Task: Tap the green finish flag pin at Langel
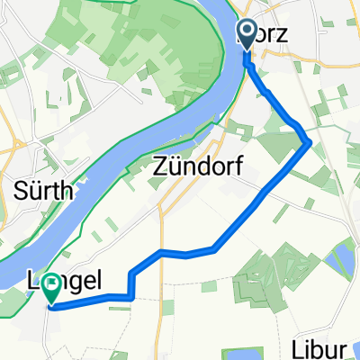click(x=52, y=286)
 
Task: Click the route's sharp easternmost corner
click(x=310, y=141)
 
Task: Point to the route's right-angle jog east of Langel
click(x=131, y=295)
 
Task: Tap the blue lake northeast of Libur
click(x=341, y=262)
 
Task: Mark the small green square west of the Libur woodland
click(x=208, y=286)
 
